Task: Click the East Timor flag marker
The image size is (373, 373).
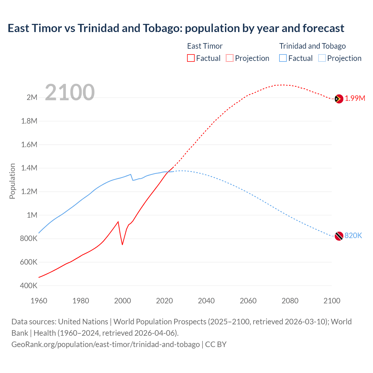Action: pos(339,99)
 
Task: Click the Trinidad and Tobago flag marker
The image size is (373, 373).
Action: pos(339,236)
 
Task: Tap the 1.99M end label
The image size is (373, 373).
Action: pos(355,98)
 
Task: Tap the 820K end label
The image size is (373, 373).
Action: pos(353,235)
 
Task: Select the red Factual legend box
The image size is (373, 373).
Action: pos(191,58)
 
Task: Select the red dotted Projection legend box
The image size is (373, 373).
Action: pos(230,58)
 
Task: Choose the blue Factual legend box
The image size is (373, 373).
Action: pos(283,58)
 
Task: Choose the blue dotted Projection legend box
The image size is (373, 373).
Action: pos(322,58)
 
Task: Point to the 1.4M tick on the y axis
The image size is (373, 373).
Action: pos(29,168)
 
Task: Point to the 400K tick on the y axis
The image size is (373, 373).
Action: pos(29,286)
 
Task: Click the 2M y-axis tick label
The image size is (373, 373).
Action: pos(32,97)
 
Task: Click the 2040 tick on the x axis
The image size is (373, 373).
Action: pos(206,301)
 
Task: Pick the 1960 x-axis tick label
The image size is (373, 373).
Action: pos(39,301)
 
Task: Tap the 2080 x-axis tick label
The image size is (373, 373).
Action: pos(290,301)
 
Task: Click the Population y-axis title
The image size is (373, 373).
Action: pos(12,181)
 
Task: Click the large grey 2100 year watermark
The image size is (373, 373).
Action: pos(70,92)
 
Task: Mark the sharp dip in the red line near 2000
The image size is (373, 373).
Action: pos(122,244)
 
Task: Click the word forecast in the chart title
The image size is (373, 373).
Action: pos(323,28)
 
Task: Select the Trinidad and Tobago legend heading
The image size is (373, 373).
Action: pos(312,46)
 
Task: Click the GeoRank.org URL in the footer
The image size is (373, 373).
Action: pos(105,344)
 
